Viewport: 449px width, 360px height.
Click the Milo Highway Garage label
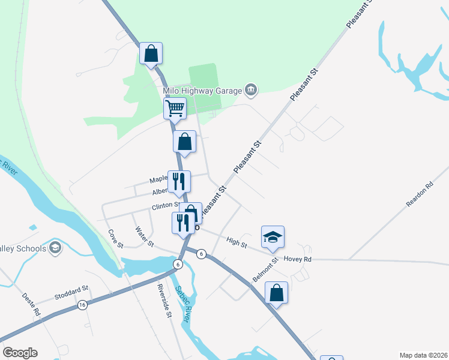click(202, 91)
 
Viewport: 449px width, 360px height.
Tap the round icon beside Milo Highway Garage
click(252, 91)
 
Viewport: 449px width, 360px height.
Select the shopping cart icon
click(175, 109)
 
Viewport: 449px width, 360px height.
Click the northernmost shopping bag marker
click(151, 53)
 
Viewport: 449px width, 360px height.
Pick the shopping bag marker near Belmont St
click(276, 293)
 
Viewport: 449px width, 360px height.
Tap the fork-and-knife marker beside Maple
click(179, 182)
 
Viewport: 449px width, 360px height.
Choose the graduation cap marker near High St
click(273, 237)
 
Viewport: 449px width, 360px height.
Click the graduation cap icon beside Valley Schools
click(55, 248)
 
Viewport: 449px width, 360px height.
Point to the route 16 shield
click(82, 305)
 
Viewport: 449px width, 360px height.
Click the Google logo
click(20, 353)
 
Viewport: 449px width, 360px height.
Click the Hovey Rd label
click(298, 259)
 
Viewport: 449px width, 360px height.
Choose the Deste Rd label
click(31, 304)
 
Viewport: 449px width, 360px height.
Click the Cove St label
click(115, 238)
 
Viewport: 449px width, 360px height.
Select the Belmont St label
click(265, 270)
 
